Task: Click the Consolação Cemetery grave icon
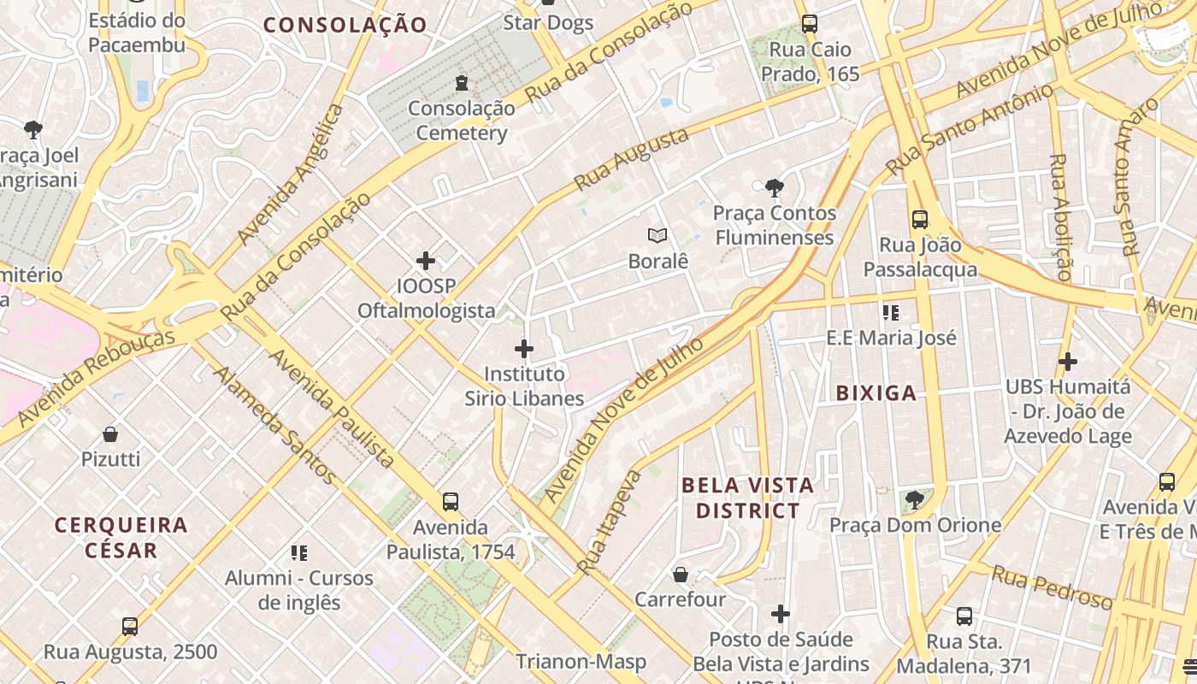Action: (462, 83)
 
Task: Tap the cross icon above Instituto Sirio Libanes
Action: (524, 349)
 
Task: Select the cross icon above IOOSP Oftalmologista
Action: (426, 261)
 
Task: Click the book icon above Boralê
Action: (657, 236)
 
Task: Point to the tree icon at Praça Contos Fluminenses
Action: (775, 187)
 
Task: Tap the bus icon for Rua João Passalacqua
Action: (920, 220)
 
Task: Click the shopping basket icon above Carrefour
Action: (681, 575)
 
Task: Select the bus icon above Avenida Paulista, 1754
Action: (451, 502)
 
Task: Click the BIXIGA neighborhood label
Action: (876, 393)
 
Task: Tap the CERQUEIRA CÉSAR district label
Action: (121, 537)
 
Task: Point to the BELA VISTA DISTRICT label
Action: (748, 498)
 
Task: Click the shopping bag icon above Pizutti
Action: (110, 434)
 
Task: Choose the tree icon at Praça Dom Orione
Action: (915, 499)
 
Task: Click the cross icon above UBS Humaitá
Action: (1067, 362)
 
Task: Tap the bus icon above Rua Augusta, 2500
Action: (130, 627)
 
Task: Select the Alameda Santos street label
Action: (274, 425)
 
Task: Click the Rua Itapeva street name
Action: (610, 521)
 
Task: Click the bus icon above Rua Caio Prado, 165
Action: (810, 24)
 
